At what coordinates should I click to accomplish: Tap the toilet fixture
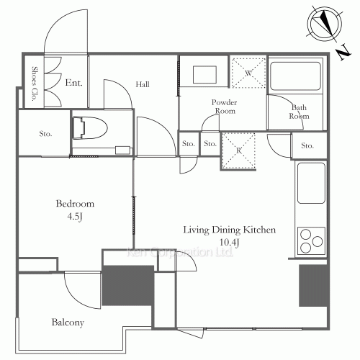(89, 127)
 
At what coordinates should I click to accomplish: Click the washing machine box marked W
(247, 73)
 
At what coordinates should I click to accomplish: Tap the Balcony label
(68, 323)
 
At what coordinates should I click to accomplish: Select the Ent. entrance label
(73, 84)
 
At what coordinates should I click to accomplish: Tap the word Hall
(142, 85)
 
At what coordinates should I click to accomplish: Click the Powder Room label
(224, 107)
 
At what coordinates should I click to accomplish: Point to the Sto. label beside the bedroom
(44, 132)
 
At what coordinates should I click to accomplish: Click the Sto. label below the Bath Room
(307, 146)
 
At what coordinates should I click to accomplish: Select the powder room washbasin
(204, 76)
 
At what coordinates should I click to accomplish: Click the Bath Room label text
(299, 112)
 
